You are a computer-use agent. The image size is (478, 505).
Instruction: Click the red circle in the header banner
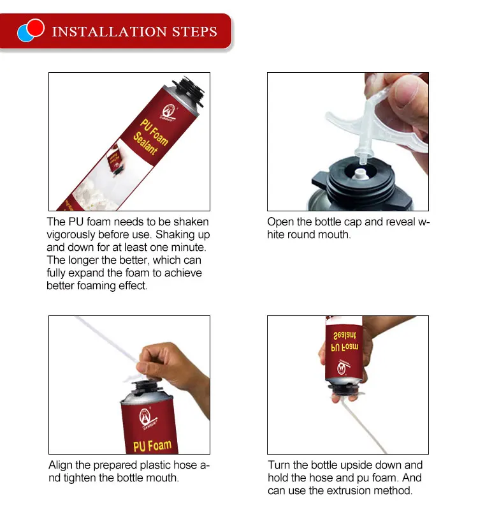35,27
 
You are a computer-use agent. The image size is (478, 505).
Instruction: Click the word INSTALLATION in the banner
109,31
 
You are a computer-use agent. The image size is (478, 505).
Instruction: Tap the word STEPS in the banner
194,31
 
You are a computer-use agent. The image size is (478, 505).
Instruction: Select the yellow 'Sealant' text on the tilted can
145,143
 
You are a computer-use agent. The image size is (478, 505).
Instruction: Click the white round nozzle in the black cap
359,174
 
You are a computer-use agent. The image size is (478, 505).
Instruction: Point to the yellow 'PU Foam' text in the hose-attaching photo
152,446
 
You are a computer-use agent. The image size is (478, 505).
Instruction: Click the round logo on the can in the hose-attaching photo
145,416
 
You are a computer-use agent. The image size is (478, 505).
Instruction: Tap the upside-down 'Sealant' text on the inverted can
345,336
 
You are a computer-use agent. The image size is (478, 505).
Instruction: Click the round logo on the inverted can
342,368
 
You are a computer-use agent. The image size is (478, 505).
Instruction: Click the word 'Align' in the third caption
61,465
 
